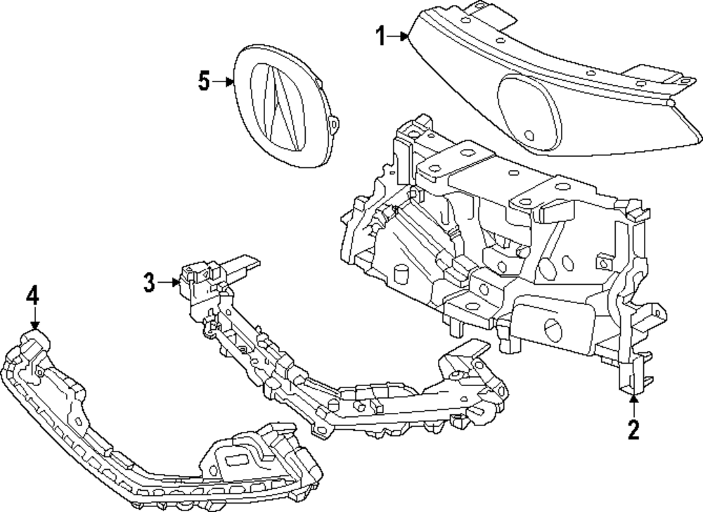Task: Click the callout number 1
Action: pos(380,35)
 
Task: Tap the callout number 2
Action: pos(633,428)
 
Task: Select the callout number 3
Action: pos(149,283)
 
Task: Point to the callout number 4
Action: pos(32,295)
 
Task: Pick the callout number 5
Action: pos(204,82)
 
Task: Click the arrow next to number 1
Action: pos(400,35)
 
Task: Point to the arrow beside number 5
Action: pos(224,82)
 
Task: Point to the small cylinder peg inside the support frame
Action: pos(401,274)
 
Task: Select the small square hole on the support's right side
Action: pos(602,261)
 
